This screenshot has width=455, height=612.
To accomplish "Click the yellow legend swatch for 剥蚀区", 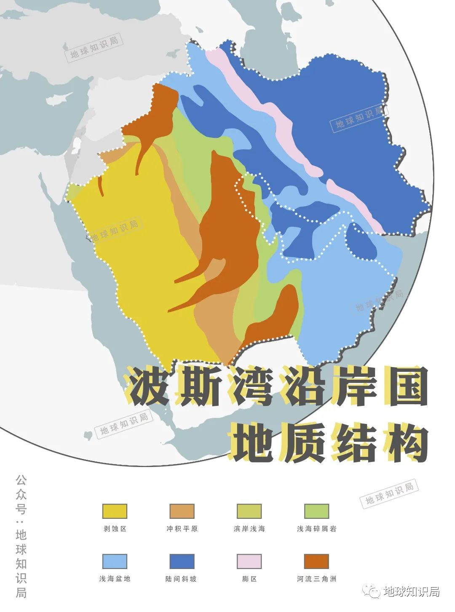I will (x=114, y=511).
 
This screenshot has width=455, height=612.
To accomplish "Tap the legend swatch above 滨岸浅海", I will (x=249, y=511).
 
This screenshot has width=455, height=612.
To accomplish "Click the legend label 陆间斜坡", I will (x=182, y=579).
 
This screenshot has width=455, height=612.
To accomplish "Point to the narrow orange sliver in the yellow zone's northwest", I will (x=101, y=185).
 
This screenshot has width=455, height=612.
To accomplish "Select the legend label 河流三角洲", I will (x=316, y=579).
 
